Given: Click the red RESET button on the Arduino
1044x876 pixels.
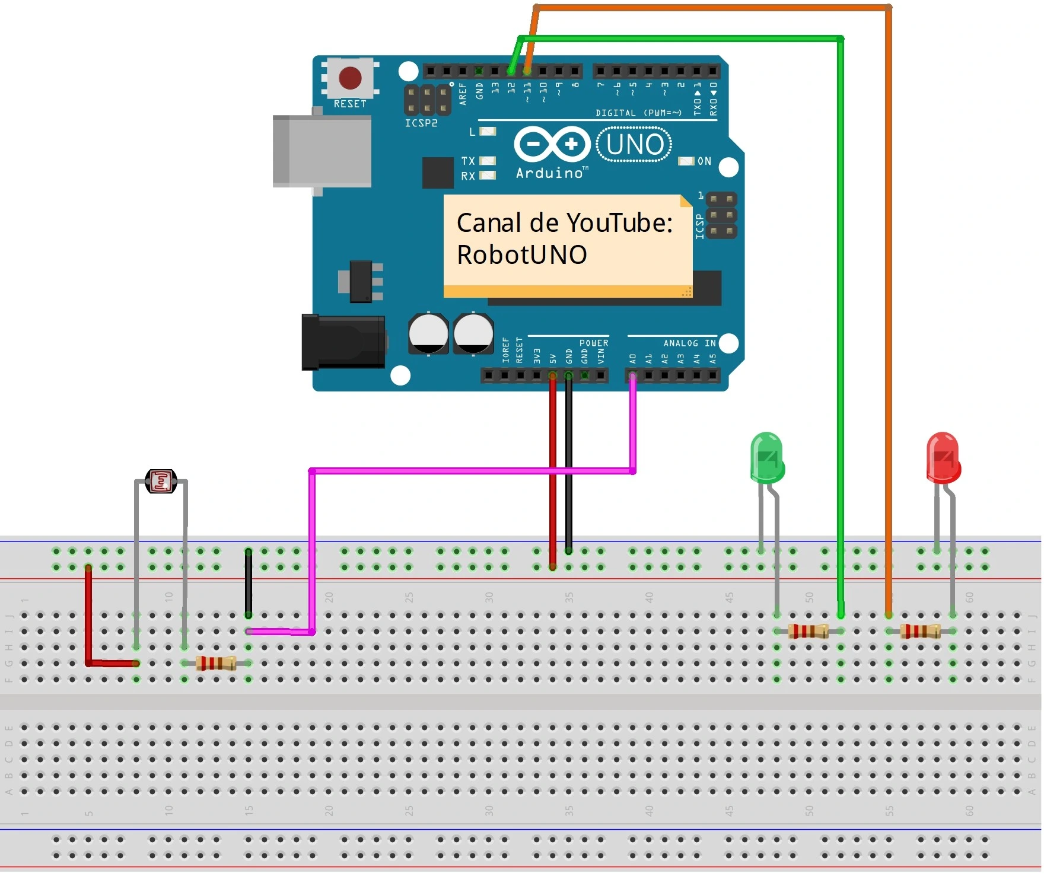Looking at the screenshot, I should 349,78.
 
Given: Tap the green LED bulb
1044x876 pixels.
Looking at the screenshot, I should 767,457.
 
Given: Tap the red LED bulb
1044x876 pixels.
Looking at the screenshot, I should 943,457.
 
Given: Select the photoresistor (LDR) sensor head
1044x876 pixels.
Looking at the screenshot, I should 161,481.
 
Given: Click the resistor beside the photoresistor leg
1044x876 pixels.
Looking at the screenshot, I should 216,663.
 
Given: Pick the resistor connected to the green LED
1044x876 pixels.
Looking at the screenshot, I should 808,631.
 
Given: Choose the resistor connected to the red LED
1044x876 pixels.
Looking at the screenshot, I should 920,631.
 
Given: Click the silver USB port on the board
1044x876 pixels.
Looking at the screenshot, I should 322,151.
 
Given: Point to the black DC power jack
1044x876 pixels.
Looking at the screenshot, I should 343,342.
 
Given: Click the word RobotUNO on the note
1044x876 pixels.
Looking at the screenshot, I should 521,255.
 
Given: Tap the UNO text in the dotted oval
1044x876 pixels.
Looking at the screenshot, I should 635,145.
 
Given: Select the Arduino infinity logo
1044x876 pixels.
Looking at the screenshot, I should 552,144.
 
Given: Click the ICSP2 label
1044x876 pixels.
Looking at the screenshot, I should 421,123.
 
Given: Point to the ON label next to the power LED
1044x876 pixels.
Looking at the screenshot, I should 704,161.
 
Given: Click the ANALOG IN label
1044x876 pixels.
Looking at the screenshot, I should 689,343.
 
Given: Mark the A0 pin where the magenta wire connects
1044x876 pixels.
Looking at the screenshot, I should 633,375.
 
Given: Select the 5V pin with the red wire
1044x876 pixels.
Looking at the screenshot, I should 552,375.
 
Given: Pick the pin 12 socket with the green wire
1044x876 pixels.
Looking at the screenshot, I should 511,71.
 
